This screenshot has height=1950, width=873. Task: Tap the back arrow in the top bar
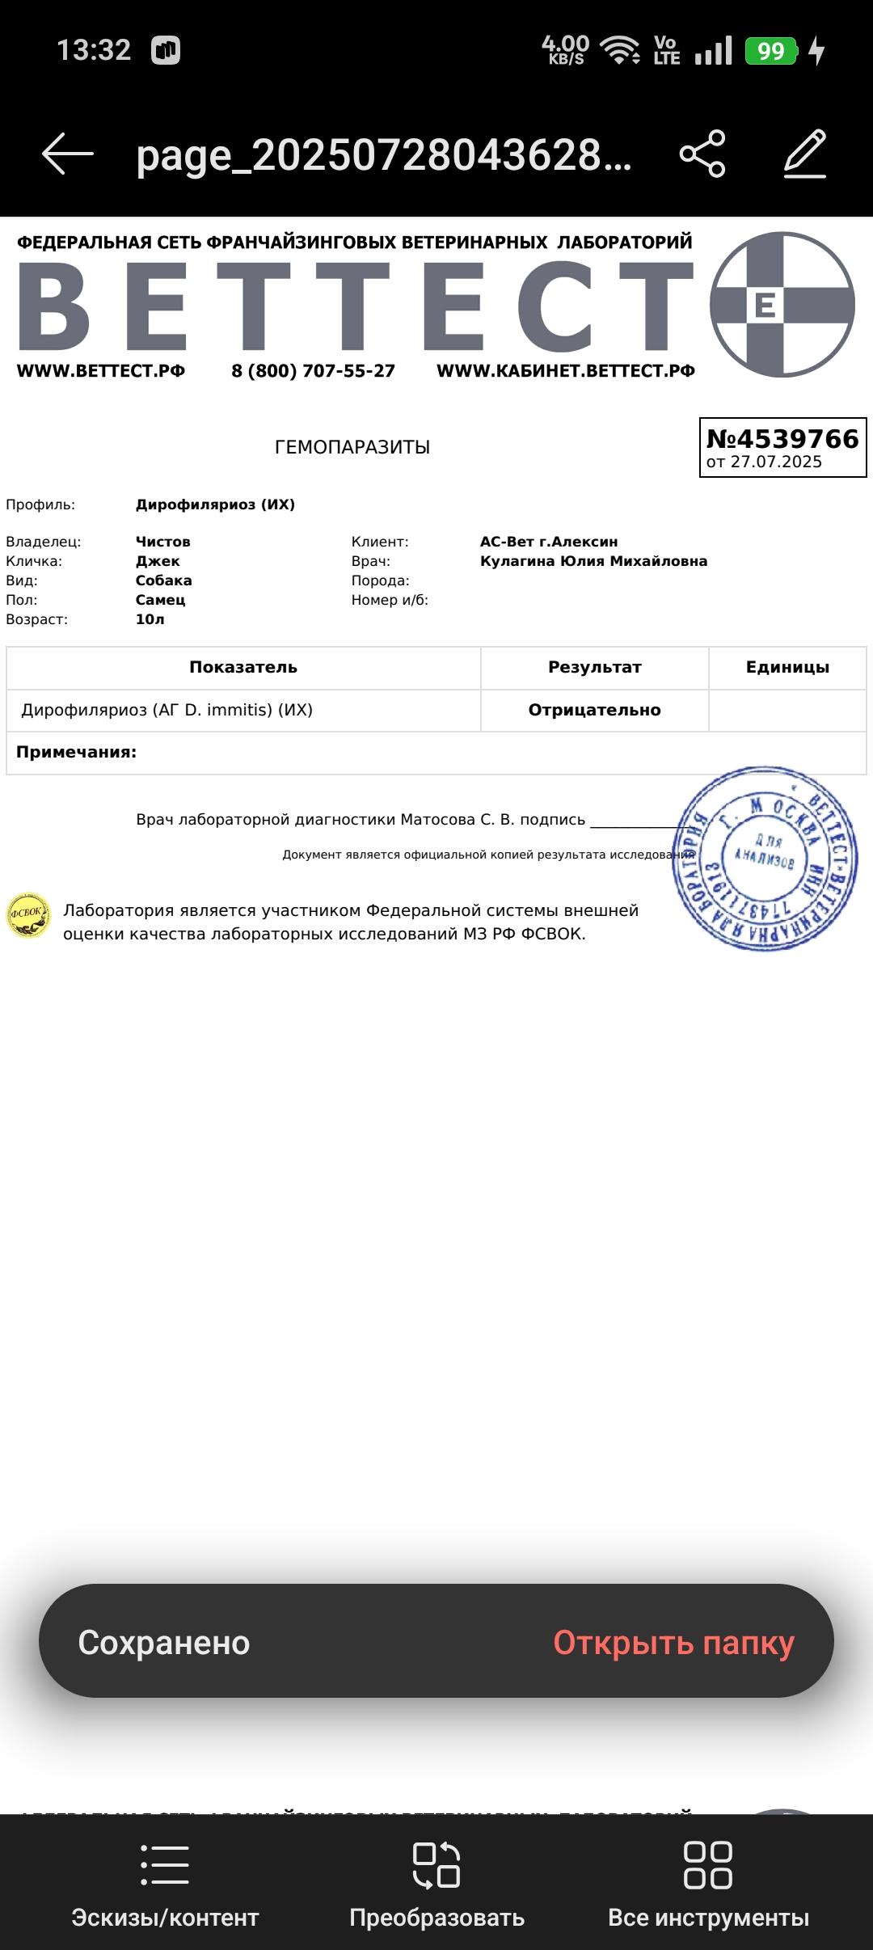tap(68, 153)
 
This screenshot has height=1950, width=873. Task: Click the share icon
tap(702, 153)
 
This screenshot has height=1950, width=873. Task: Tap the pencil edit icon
tap(805, 153)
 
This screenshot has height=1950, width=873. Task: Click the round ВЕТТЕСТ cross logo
tap(782, 305)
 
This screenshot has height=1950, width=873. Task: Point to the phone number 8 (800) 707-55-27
tap(313, 371)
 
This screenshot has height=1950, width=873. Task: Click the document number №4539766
tap(782, 439)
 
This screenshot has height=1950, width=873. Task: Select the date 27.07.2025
tap(775, 462)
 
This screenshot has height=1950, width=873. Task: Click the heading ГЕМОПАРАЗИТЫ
tap(352, 447)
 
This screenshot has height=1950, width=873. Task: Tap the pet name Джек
tap(158, 561)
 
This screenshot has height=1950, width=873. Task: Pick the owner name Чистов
tap(163, 542)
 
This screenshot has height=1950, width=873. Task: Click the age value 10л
tap(150, 619)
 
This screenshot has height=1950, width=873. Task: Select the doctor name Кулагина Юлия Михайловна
tap(593, 561)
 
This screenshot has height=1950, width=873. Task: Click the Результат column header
tap(594, 668)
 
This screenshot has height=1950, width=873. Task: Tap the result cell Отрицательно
tap(594, 710)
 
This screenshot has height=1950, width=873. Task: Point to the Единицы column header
tap(787, 668)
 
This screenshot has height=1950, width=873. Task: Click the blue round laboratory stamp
tap(765, 859)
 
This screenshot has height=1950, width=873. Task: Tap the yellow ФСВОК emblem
tap(28, 916)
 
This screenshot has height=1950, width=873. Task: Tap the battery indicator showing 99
tap(770, 51)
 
